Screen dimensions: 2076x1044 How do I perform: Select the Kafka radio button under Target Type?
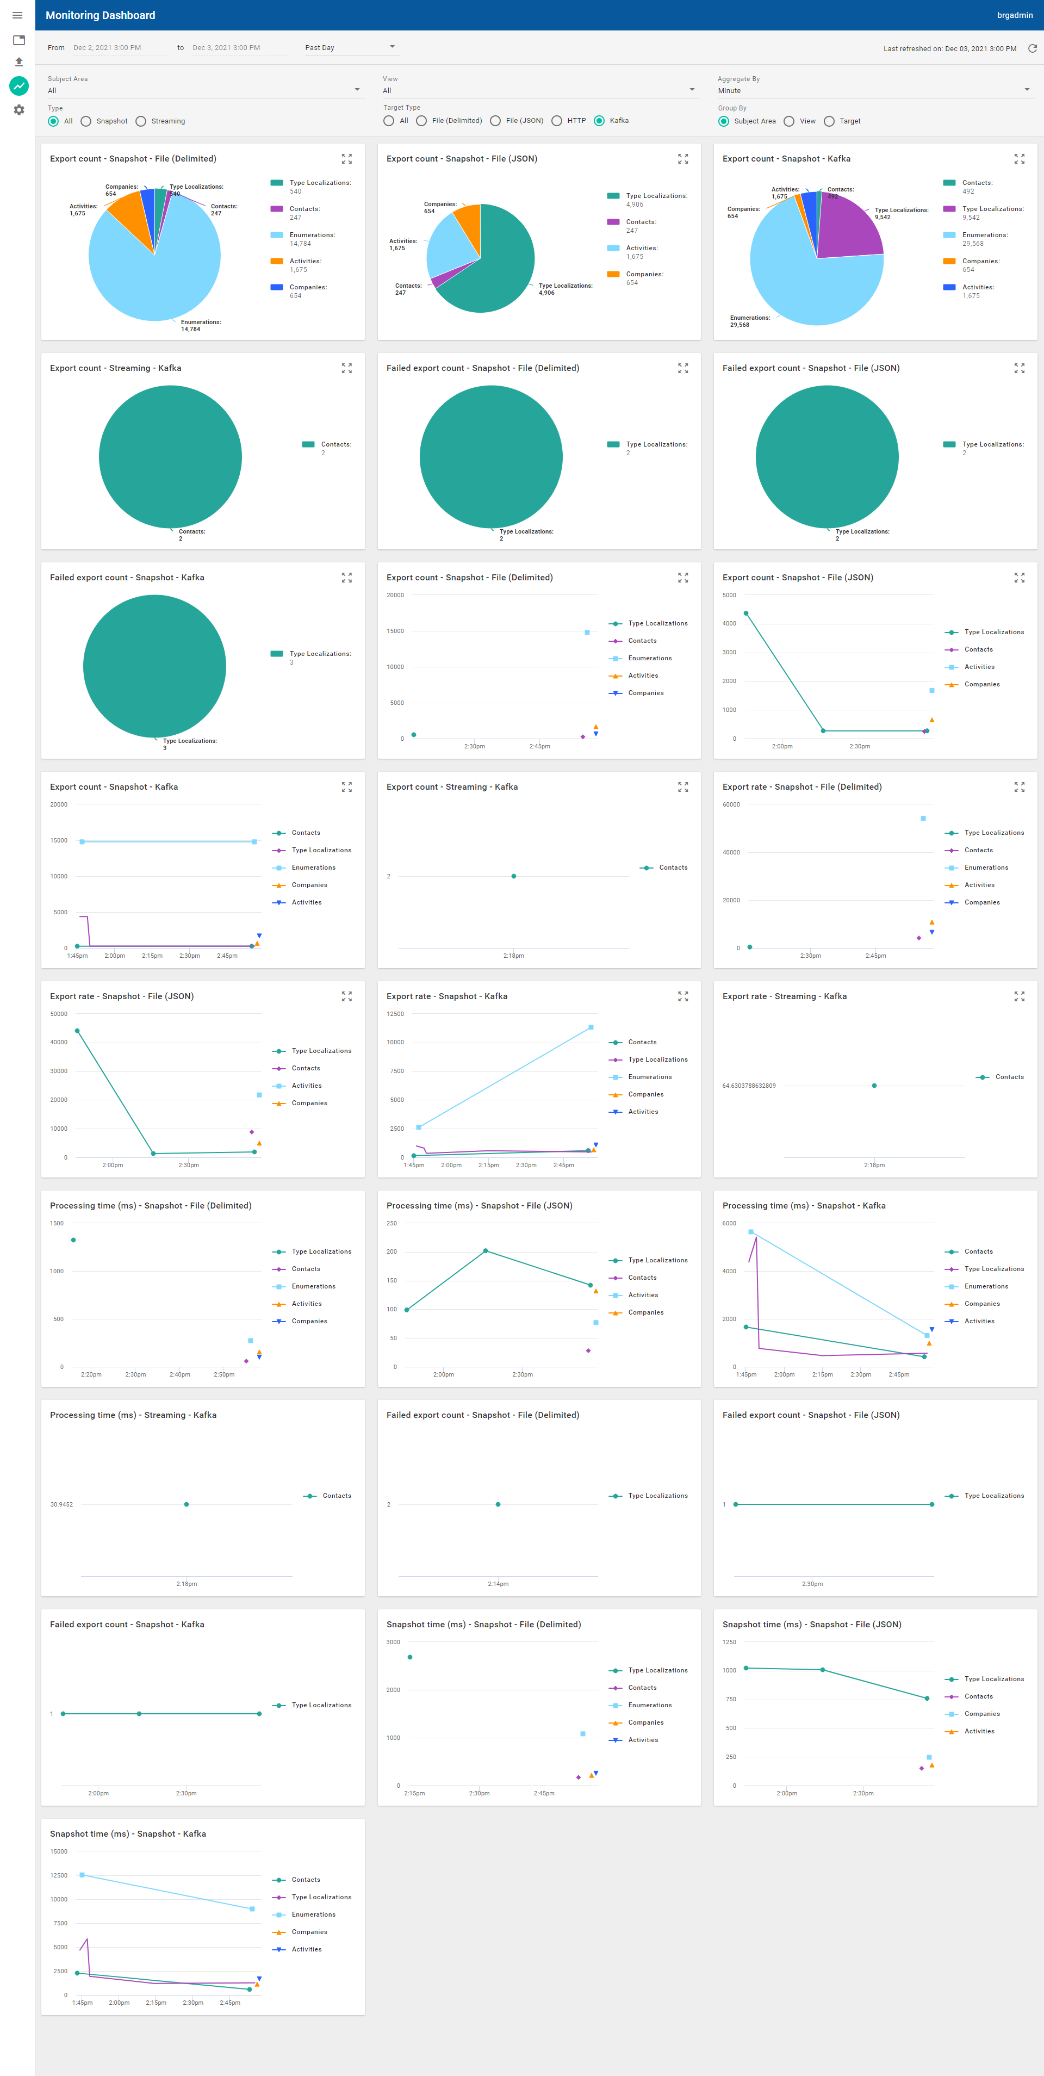point(599,121)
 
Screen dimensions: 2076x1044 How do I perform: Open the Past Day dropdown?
point(350,47)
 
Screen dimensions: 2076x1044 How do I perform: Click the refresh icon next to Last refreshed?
point(1032,48)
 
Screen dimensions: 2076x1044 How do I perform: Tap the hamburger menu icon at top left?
point(17,15)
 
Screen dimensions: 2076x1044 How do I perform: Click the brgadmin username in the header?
point(1014,15)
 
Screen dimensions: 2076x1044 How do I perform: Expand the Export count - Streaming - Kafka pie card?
point(346,368)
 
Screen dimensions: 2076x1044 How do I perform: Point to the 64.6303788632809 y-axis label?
point(748,1086)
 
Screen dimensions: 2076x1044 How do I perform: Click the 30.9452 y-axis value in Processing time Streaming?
point(61,1504)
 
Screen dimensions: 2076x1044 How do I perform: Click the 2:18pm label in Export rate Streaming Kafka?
point(874,1166)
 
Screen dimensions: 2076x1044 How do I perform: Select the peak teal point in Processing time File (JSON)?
point(485,1251)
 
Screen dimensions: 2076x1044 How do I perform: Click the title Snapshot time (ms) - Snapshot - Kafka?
point(127,1833)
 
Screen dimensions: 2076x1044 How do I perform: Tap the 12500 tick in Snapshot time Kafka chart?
point(59,1875)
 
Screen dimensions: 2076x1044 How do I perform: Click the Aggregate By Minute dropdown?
point(873,90)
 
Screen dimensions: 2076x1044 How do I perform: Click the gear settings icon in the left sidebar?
point(18,110)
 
